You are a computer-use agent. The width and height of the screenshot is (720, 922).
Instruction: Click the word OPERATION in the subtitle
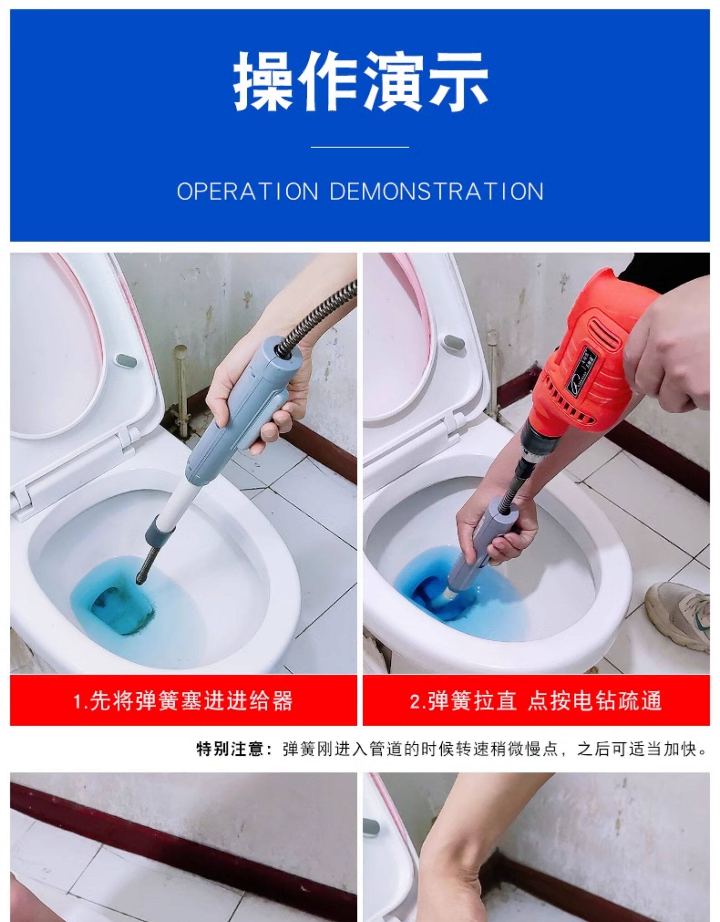coord(248,191)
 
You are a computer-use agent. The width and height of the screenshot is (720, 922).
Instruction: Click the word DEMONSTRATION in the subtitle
coord(436,191)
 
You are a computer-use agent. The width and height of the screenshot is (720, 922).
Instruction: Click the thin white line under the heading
coord(360,147)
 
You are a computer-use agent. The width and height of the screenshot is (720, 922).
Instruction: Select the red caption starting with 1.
coord(183,701)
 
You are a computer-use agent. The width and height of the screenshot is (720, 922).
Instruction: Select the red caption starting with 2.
coord(536,701)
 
